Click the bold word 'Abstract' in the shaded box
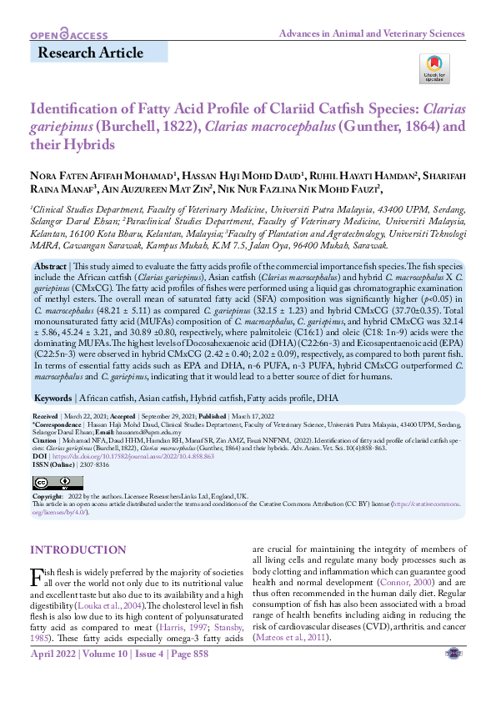point(52,264)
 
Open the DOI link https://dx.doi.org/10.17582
point(125,457)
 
